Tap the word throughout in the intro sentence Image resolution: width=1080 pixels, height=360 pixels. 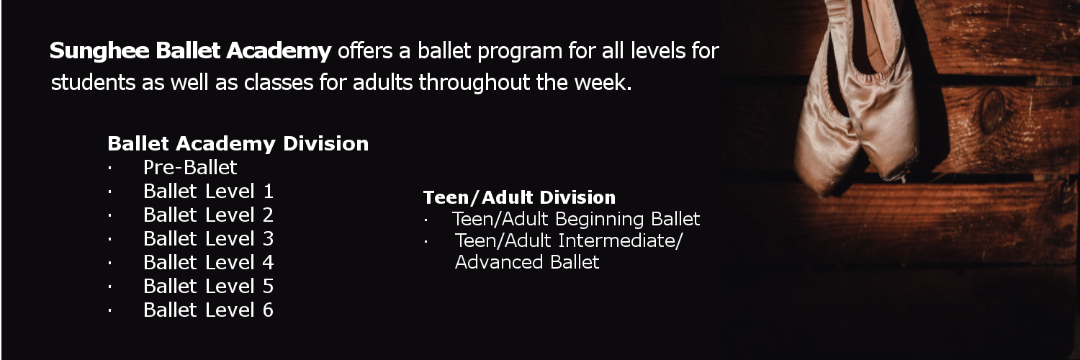point(474,82)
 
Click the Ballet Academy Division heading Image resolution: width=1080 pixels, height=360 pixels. point(238,143)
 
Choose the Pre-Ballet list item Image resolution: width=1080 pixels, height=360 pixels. point(190,168)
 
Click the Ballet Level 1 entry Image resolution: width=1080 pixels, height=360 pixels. point(208,192)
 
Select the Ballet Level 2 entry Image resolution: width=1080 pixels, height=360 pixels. point(208,215)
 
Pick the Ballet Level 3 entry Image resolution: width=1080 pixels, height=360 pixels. point(208,238)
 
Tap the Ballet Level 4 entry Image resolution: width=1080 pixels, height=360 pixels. point(208,262)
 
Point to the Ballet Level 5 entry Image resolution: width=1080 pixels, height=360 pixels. point(208,287)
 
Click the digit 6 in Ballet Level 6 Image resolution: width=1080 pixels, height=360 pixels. point(268,310)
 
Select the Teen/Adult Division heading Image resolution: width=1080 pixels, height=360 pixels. point(519,197)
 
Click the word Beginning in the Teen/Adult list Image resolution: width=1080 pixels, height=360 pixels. point(599,220)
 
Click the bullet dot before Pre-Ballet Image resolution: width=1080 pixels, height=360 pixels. point(110,168)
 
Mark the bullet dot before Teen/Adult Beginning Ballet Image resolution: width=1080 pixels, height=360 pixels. point(426,221)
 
